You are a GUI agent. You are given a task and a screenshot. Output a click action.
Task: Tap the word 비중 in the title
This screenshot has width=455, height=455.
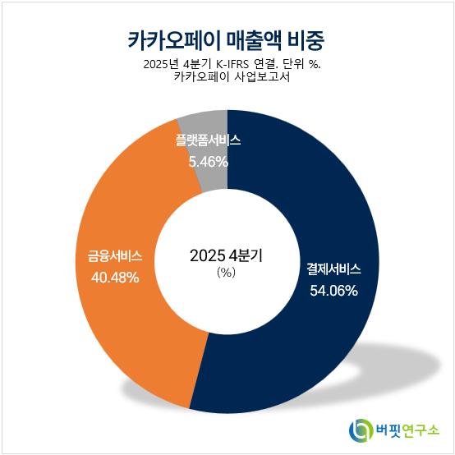point(306,40)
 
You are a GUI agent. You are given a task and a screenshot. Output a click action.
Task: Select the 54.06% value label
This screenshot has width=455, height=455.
point(333,291)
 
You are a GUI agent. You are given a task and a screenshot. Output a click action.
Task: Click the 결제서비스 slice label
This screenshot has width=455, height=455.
point(333,269)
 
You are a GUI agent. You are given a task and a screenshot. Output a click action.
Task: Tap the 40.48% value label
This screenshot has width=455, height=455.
point(115,278)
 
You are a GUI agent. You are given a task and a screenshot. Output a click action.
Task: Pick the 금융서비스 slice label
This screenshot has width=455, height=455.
point(115,256)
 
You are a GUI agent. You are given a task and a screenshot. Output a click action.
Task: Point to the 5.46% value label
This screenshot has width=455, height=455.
point(209,162)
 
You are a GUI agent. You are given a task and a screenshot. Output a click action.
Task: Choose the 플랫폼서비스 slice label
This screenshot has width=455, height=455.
point(208,140)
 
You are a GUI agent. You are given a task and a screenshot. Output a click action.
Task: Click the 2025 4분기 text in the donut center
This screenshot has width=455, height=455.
point(226,255)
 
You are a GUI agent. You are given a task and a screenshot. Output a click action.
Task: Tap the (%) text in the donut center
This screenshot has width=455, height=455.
point(227,272)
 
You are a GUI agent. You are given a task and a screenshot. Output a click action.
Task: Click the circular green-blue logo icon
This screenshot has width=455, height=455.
point(361,430)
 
